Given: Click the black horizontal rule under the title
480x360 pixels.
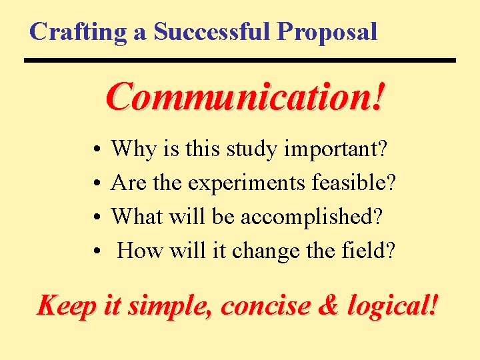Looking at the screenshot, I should [240, 61].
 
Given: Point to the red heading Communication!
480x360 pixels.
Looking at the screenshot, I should [245, 97].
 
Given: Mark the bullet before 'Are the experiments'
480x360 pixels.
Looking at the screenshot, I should [97, 182].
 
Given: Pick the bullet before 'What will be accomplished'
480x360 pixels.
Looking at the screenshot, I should [97, 217].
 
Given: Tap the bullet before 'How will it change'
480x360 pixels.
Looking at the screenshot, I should [97, 251].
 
